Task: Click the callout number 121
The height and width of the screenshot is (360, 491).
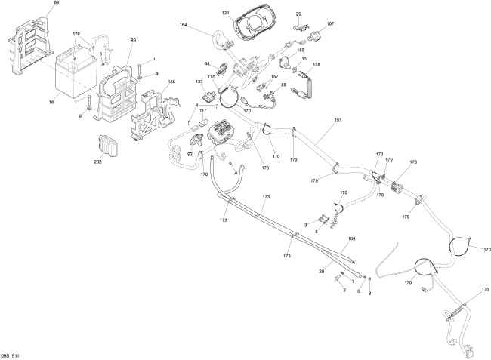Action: click(x=226, y=14)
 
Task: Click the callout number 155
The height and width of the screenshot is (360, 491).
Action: click(x=171, y=82)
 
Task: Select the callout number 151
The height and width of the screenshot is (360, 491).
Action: click(x=338, y=121)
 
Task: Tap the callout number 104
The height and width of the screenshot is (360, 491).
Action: click(x=350, y=238)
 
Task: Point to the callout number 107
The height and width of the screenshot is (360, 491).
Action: click(x=330, y=24)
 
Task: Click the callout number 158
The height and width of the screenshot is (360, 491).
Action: click(x=316, y=65)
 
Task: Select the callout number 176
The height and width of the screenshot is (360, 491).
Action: click(x=76, y=35)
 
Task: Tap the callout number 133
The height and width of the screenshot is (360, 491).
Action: click(x=199, y=81)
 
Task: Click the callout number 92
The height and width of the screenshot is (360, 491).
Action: click(x=190, y=155)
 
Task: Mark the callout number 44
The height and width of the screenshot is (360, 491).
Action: click(x=207, y=63)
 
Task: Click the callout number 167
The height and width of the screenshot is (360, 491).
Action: click(x=275, y=76)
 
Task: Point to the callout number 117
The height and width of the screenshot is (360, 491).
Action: click(x=203, y=111)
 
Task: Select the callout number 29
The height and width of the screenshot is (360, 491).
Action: click(x=298, y=14)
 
